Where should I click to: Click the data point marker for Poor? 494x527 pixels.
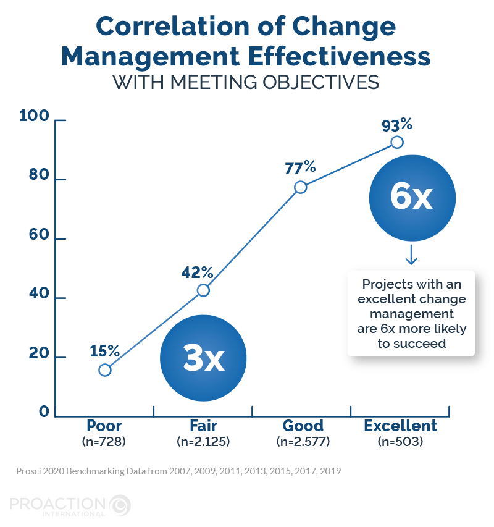coord(105,370)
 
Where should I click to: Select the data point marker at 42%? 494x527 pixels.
coord(203,290)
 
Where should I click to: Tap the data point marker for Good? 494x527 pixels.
coord(301,187)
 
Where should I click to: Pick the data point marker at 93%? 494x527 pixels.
coord(397,142)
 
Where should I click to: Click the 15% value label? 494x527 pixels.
coord(104,351)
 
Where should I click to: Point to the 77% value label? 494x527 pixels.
coord(300,167)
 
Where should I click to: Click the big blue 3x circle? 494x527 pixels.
coord(203,358)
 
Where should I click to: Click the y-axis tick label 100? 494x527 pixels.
coord(34,116)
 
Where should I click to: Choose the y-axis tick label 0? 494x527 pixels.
coord(44,412)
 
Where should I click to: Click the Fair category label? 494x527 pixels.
coord(203,426)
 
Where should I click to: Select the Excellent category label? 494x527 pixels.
coord(400,426)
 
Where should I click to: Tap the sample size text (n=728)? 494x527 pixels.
coord(104,442)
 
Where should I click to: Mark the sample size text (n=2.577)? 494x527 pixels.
coord(303,442)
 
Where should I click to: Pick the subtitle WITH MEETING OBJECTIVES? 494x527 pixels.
coord(245,82)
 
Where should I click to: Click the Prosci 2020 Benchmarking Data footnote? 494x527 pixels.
coord(178,471)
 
